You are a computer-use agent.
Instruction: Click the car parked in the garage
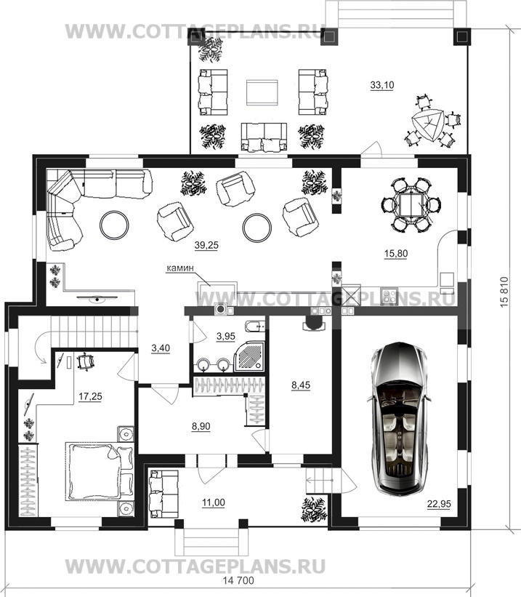click(x=400, y=417)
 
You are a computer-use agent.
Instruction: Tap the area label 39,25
click(x=206, y=246)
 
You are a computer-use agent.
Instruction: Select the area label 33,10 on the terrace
click(x=382, y=85)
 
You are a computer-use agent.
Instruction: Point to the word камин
click(x=180, y=268)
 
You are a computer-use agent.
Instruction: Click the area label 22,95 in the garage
click(x=439, y=504)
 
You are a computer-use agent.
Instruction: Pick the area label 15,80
click(x=396, y=253)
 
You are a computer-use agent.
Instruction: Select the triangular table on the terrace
click(x=429, y=125)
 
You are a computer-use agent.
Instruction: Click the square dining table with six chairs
click(x=411, y=205)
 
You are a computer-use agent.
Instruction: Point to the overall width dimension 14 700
click(x=238, y=581)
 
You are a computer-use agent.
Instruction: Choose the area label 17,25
click(x=90, y=396)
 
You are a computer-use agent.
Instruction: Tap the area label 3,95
click(x=226, y=336)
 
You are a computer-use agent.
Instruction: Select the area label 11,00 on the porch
click(x=214, y=502)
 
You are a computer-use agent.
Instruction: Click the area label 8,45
click(x=301, y=385)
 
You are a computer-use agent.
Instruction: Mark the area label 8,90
click(x=201, y=426)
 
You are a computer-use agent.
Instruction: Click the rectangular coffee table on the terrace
click(x=262, y=92)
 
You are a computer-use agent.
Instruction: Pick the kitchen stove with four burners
click(x=389, y=296)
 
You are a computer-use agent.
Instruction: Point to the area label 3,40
click(x=161, y=348)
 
